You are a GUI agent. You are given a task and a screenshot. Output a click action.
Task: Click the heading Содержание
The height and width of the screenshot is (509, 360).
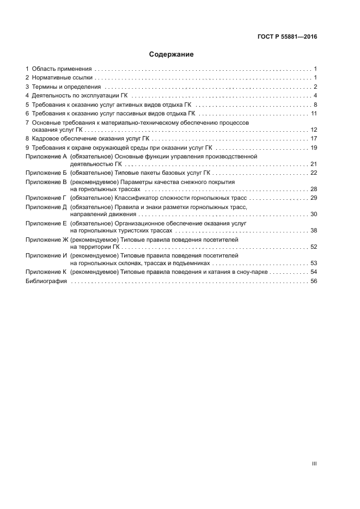point(172,54)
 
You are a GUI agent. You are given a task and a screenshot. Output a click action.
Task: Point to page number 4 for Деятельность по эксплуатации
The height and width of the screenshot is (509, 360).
point(315,96)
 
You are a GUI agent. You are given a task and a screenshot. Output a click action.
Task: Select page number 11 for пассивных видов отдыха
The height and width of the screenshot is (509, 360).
point(314,113)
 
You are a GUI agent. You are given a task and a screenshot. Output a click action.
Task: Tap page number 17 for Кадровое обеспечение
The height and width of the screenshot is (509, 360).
point(314,139)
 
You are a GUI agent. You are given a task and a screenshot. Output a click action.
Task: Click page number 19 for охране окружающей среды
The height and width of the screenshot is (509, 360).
point(314,148)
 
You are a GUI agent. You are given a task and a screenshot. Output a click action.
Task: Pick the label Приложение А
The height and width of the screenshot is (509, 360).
point(46,156)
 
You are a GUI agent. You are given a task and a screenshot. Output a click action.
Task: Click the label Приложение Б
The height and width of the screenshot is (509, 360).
point(46,173)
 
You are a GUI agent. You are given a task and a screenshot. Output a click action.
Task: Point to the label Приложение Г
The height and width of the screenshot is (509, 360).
point(46,198)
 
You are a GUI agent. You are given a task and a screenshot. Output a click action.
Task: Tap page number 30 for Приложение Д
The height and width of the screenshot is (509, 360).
point(314,214)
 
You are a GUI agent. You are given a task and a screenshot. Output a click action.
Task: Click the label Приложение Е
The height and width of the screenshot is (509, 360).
point(46,223)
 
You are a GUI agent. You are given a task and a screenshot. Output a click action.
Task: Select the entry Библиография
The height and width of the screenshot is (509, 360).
point(46,281)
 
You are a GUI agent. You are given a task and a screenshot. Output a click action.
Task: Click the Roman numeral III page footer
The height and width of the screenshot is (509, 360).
point(314,464)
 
